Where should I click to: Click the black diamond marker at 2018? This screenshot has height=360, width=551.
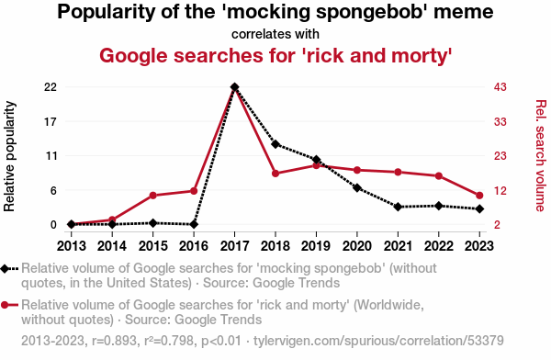point(275,144)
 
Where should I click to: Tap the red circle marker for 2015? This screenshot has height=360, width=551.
point(152,196)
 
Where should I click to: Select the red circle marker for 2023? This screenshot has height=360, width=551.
point(479,196)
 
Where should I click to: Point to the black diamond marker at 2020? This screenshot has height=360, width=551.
point(357,188)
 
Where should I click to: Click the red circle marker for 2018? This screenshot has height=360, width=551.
point(275,174)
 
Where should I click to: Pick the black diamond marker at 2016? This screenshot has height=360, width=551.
point(194,224)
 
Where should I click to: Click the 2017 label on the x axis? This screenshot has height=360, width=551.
point(234,246)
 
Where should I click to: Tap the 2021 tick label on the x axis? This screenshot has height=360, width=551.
point(398,246)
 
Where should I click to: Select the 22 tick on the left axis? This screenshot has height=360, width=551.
point(51,87)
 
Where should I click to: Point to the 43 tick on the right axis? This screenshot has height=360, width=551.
point(500,87)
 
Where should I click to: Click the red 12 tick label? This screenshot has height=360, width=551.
point(500,191)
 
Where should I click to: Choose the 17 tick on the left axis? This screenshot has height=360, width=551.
point(51,122)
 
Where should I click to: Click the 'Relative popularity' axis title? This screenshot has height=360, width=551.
point(9,156)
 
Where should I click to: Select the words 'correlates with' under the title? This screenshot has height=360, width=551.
point(275,34)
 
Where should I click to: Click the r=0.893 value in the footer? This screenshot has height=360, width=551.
point(114,341)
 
